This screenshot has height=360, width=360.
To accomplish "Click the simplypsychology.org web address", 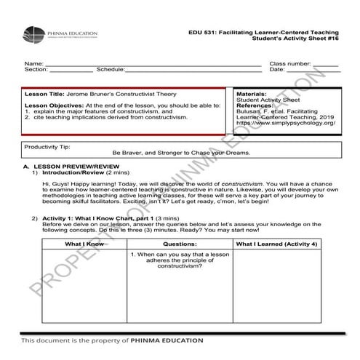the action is tap(284, 123).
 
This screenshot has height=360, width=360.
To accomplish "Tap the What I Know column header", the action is tap(84, 243).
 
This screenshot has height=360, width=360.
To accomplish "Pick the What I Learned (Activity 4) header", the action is tap(277, 243).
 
